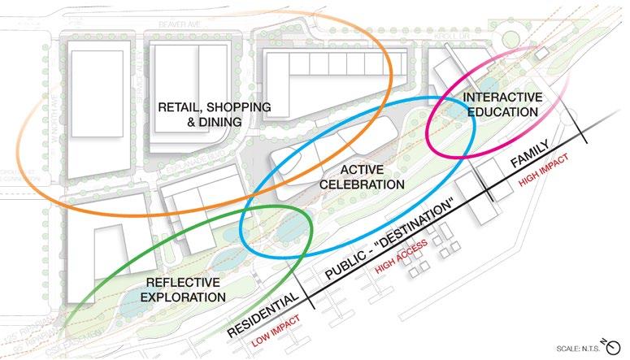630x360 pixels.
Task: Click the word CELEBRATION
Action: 362,184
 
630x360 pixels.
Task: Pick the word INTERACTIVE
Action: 502,98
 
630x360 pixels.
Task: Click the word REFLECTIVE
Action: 183,282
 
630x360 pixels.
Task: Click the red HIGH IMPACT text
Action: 540,174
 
